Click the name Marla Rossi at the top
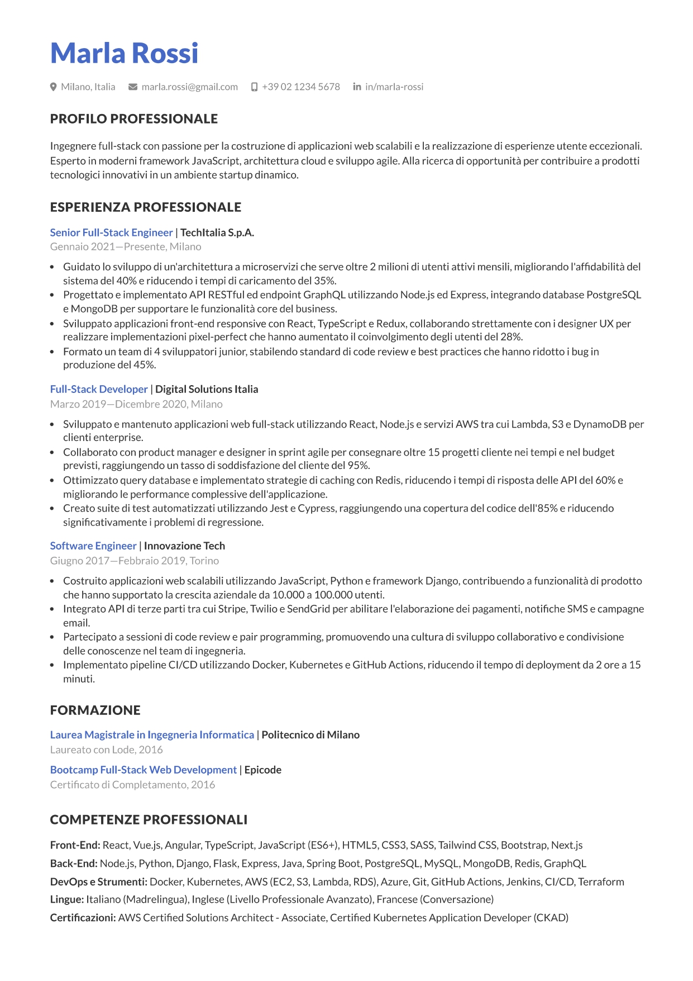tap(124, 54)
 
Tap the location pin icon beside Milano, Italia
tap(54, 87)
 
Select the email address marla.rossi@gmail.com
tap(189, 87)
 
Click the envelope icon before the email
tap(133, 87)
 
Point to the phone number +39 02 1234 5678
tap(300, 87)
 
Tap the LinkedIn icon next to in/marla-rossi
tap(357, 87)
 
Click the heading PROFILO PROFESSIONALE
tap(133, 119)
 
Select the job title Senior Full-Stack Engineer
tap(111, 233)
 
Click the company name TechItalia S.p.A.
tap(217, 233)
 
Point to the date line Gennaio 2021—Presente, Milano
tap(126, 247)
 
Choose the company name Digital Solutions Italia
tap(207, 389)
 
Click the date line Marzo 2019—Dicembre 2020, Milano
tap(136, 404)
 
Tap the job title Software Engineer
tap(93, 546)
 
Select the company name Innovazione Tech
tap(184, 546)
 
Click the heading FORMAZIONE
tap(95, 710)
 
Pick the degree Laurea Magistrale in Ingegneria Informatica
tap(152, 734)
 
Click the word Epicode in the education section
tap(262, 770)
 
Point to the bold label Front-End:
tap(75, 845)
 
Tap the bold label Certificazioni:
tap(83, 917)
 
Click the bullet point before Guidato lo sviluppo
tap(52, 267)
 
